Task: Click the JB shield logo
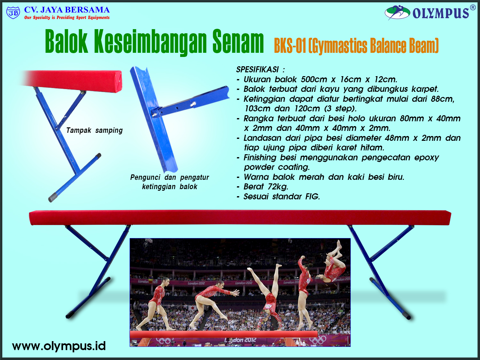[x=13, y=13]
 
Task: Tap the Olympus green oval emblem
[x=397, y=12]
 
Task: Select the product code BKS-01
[x=290, y=46]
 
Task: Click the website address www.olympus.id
[x=59, y=346]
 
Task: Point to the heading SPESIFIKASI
[x=257, y=69]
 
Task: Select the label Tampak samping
[x=94, y=131]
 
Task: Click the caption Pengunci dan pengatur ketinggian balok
[x=170, y=182]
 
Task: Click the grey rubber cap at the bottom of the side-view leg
[x=53, y=197]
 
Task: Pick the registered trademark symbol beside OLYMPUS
[x=473, y=8]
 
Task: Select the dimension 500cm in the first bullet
[x=314, y=79]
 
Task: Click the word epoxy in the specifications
[x=427, y=157]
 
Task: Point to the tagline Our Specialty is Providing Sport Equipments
[x=67, y=18]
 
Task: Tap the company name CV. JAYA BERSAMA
[x=67, y=10]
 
